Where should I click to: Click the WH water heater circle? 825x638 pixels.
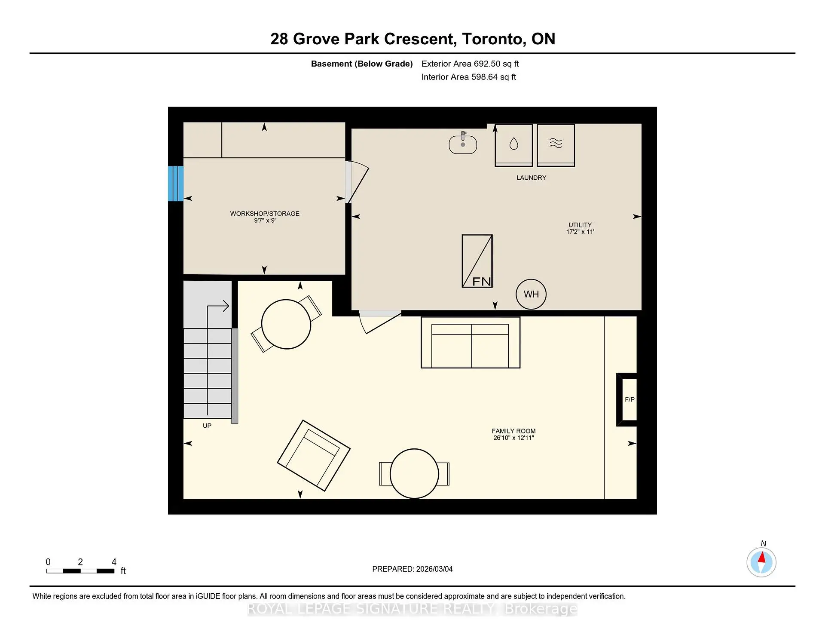click(531, 294)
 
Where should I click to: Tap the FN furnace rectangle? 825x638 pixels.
click(477, 261)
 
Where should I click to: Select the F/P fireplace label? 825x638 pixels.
click(629, 399)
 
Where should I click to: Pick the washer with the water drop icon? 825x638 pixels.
click(513, 144)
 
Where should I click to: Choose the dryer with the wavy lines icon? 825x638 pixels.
click(556, 144)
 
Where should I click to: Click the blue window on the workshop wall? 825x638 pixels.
click(176, 184)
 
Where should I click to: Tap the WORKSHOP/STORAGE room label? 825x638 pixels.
click(265, 214)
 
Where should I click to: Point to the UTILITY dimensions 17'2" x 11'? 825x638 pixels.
click(580, 232)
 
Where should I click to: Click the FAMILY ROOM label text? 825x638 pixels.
click(513, 431)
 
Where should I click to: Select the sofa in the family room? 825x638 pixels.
click(471, 343)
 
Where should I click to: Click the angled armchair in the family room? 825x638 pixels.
click(314, 455)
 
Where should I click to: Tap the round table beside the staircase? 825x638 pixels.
click(286, 324)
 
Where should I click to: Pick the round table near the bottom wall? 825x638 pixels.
click(414, 473)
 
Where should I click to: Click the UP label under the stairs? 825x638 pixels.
click(207, 426)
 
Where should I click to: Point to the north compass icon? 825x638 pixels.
click(761, 562)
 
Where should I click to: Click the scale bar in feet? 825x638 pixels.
click(80, 571)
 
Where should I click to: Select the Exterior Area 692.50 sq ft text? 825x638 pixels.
click(470, 64)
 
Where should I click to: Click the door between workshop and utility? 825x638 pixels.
click(357, 181)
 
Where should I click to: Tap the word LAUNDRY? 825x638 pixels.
click(531, 178)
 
